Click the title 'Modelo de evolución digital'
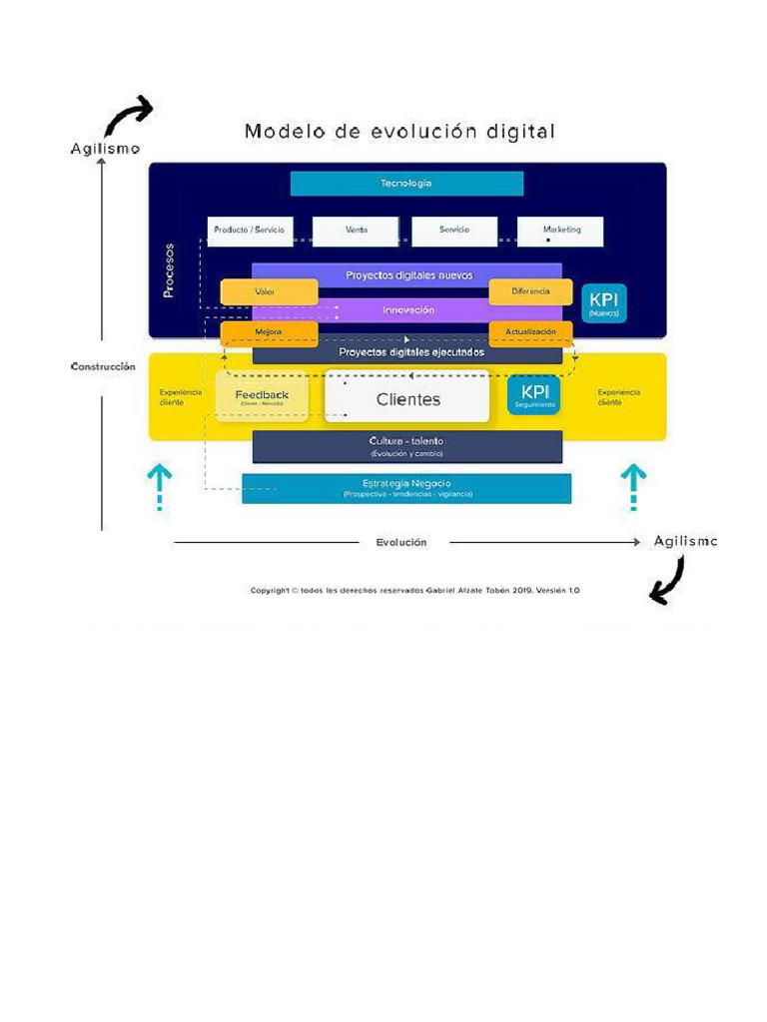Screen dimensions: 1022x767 pos(399,132)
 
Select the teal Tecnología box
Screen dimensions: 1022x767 pos(406,184)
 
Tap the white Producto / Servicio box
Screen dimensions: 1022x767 pos(250,231)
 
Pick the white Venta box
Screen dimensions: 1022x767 pos(356,231)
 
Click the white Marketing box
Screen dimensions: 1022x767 pos(560,231)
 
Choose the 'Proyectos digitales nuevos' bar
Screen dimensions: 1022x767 pos(407,274)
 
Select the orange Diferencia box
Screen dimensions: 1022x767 pos(530,291)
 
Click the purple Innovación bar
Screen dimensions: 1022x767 pos(407,310)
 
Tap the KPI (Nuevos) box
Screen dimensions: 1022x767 pos(604,302)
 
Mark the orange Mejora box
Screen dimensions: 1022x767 pos(269,332)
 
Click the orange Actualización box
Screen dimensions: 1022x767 pos(530,332)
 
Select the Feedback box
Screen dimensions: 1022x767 pos(262,396)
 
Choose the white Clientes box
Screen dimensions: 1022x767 pos(407,399)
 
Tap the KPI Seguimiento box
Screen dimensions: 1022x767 pos(534,395)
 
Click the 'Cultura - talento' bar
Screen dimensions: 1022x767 pos(407,446)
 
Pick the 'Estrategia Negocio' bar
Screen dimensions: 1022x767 pos(407,488)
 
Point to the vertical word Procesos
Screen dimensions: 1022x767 pos(169,270)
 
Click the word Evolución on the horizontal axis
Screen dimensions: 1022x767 pos(401,543)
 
